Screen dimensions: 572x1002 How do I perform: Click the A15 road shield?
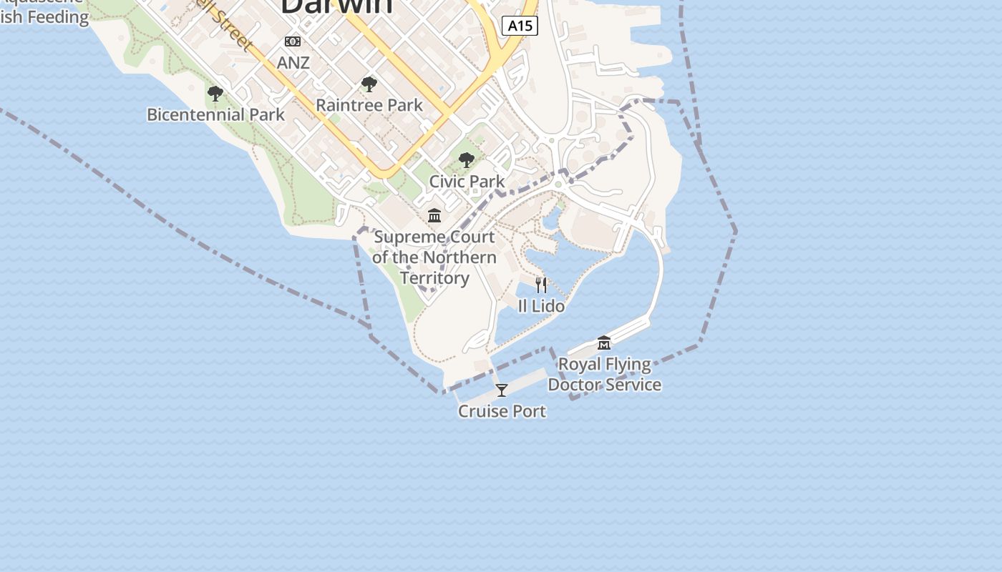[x=520, y=26]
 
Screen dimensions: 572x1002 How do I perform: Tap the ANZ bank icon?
[x=293, y=41]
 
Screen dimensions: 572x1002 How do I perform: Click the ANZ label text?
[x=293, y=62]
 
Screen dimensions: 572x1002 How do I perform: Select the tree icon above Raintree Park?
[x=369, y=84]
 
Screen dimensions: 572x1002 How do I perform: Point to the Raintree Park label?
[x=369, y=105]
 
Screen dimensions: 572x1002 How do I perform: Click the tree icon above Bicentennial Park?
[x=215, y=93]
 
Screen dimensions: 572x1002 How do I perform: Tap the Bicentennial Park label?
[x=215, y=114]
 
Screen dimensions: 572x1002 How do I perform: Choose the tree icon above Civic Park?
[x=467, y=160]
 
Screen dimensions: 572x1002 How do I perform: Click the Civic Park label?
[x=467, y=182]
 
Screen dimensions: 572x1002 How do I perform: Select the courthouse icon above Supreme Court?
[x=434, y=215]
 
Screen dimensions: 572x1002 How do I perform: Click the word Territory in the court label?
[x=434, y=277]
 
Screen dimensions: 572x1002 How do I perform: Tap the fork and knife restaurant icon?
[x=541, y=285]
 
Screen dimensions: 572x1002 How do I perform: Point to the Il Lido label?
[x=541, y=306]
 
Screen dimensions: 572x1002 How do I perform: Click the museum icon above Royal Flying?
[x=604, y=343]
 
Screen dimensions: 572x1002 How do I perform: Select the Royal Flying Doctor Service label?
[x=605, y=374]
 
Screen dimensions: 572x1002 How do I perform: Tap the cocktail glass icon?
[x=502, y=390]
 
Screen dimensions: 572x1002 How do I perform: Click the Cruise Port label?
[x=502, y=411]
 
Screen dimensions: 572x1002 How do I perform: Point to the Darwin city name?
[x=336, y=6]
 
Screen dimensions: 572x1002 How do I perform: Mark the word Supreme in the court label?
[x=404, y=237]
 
